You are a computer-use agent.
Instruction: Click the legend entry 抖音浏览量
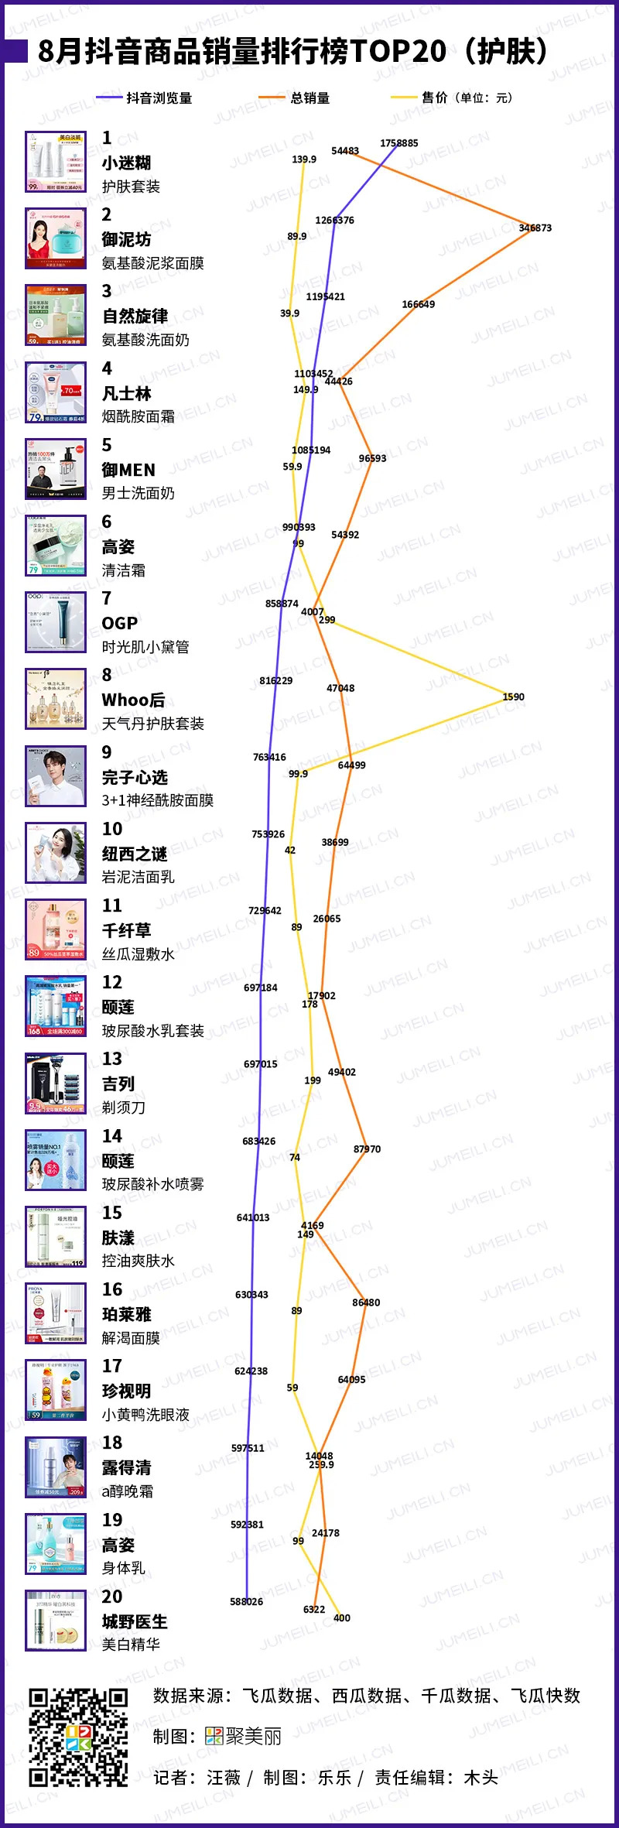click(159, 98)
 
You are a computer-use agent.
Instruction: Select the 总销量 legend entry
click(309, 98)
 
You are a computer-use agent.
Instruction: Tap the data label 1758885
click(398, 143)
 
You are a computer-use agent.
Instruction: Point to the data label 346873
click(535, 228)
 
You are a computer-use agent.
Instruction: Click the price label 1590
click(513, 697)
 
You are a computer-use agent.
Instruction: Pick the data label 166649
click(418, 304)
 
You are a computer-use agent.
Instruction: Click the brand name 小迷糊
click(126, 163)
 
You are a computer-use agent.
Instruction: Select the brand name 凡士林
click(126, 393)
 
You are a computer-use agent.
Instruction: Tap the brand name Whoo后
click(133, 700)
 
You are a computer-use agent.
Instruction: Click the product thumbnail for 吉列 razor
click(56, 1083)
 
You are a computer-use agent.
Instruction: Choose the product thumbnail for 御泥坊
click(56, 238)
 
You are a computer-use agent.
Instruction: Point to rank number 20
click(112, 1596)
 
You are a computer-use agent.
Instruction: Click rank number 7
click(107, 598)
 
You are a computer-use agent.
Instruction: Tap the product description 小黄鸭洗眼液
click(145, 1414)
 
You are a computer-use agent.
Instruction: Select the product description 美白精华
click(131, 1644)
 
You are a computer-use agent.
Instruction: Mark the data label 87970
click(367, 1149)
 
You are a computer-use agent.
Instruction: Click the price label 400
click(341, 1617)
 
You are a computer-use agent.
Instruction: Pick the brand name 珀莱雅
click(126, 1314)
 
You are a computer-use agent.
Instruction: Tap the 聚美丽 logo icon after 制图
click(214, 1736)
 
